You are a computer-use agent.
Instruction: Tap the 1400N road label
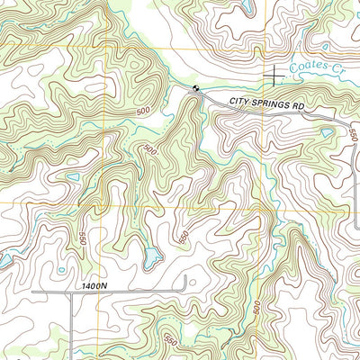pos(93,285)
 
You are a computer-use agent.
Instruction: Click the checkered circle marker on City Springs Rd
pos(195,87)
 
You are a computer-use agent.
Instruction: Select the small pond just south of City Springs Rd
pos(325,133)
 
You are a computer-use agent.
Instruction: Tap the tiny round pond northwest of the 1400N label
pos(61,268)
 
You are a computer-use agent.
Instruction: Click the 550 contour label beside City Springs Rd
pos(351,133)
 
